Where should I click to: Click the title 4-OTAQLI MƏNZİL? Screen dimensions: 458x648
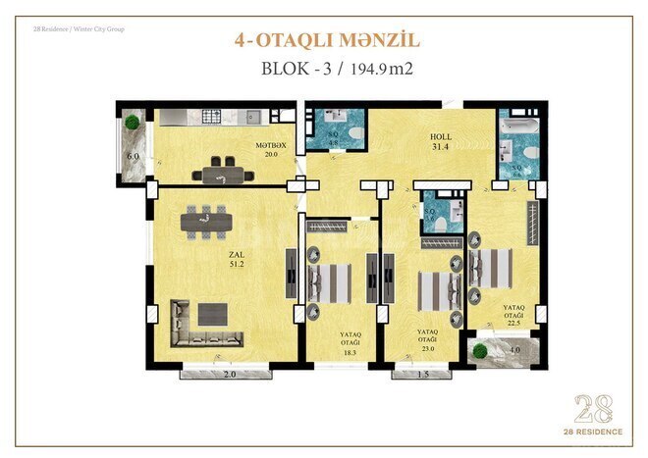[x=327, y=40]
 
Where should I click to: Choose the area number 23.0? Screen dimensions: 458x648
[x=428, y=349]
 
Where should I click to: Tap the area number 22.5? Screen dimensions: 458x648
[x=514, y=325]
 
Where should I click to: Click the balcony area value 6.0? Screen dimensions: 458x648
[x=134, y=156]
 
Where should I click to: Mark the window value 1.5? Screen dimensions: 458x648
[x=421, y=375]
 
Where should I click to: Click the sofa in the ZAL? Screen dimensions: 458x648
[x=204, y=326]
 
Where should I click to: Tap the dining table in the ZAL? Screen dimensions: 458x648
[x=206, y=221]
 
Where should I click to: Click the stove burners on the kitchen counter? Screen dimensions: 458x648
[x=212, y=117]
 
